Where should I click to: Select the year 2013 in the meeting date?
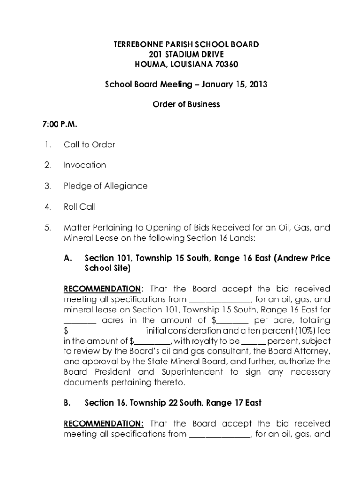click(258, 85)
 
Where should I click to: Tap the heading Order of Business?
click(186, 104)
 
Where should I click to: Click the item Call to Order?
click(89, 145)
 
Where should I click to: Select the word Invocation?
click(85, 165)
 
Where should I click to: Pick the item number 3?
click(47, 186)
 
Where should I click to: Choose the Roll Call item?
click(79, 206)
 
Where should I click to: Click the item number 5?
click(47, 228)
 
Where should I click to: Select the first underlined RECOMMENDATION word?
click(102, 289)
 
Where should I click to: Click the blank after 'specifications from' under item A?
click(219, 299)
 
